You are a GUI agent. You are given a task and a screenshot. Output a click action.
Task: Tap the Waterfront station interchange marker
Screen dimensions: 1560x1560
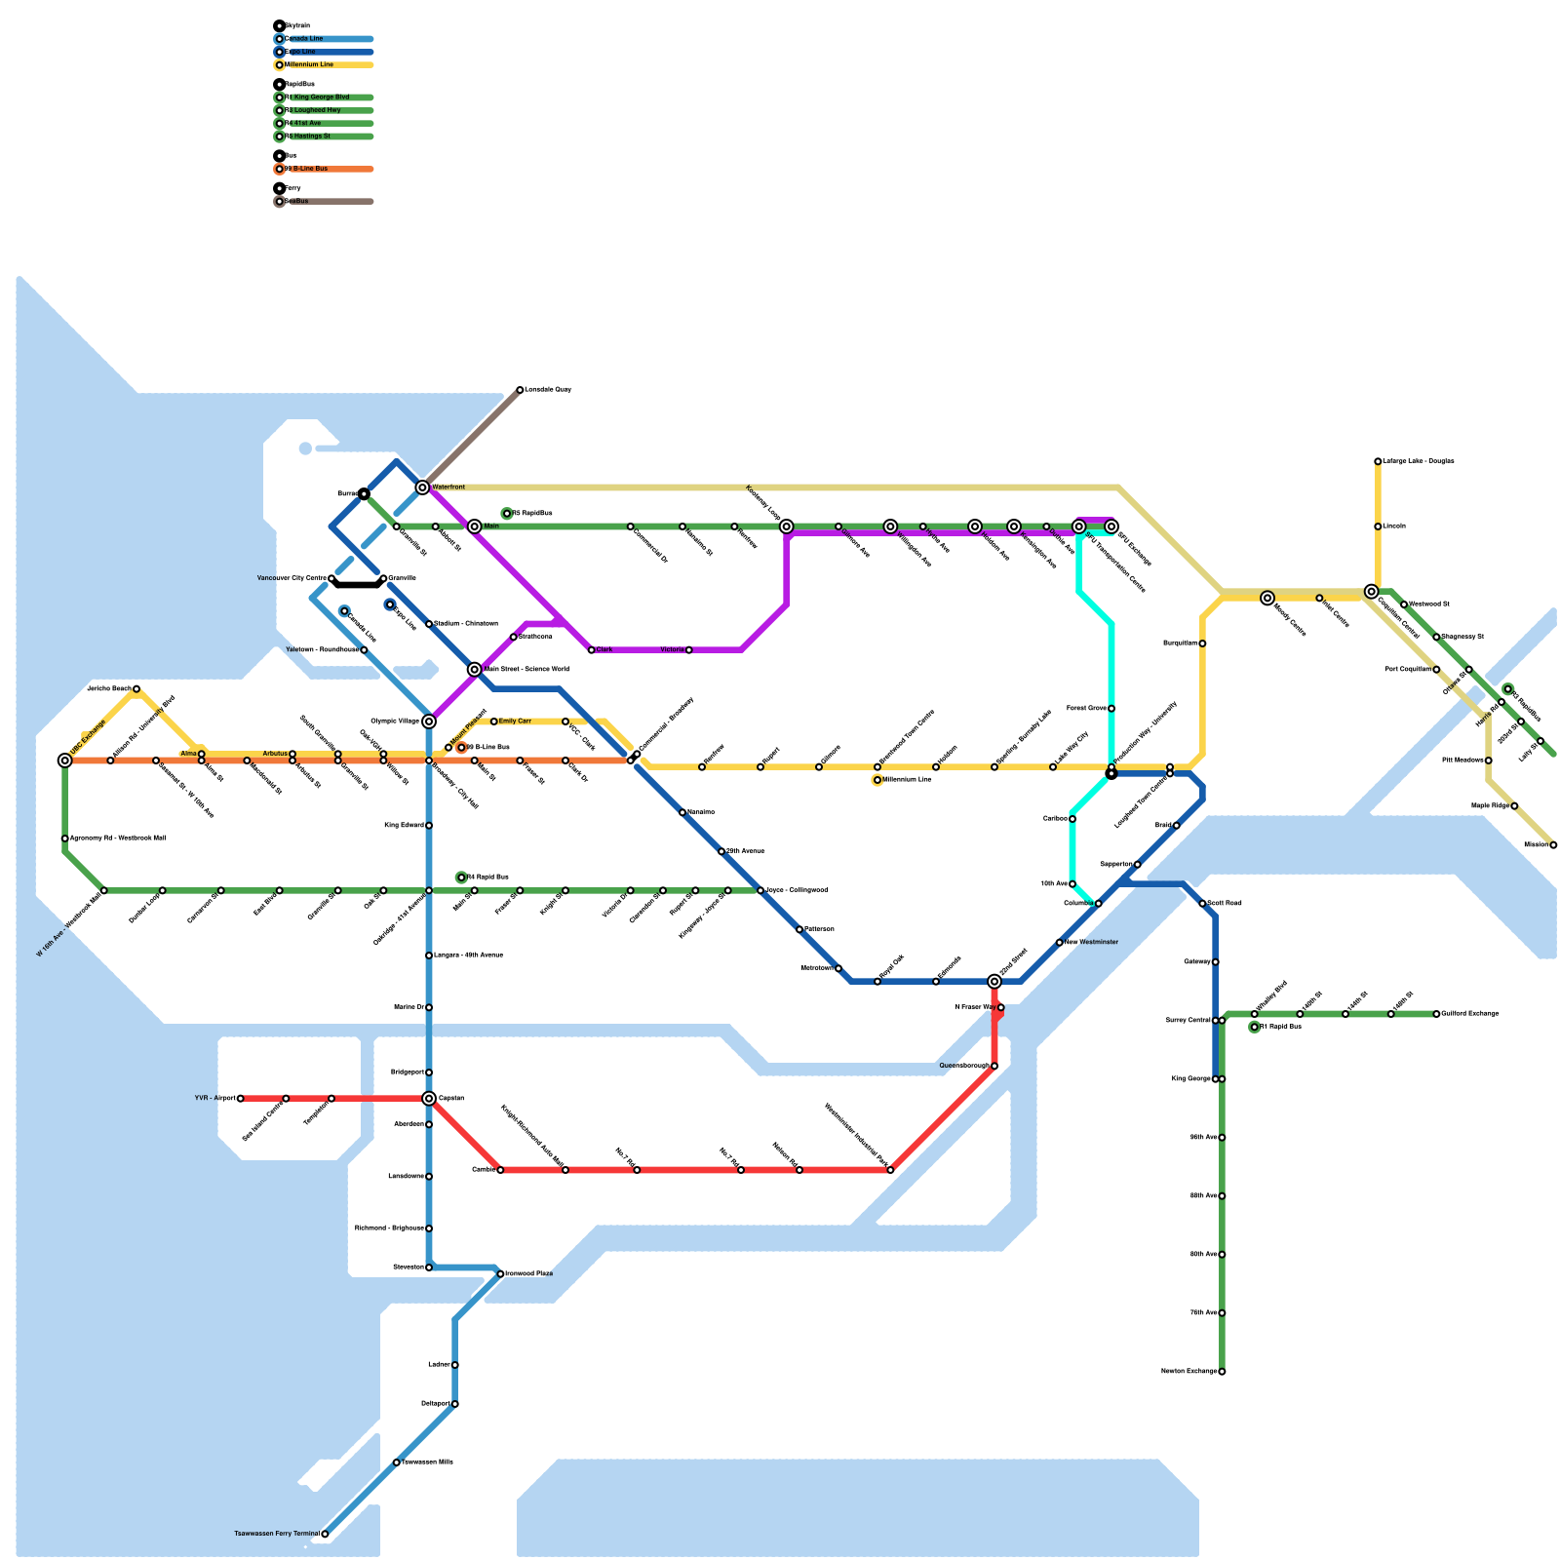tap(422, 487)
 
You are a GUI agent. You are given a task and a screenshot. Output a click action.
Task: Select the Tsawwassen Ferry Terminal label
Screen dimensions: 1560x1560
tap(277, 1534)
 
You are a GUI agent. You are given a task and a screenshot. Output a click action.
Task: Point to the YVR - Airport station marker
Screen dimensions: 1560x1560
tap(241, 1099)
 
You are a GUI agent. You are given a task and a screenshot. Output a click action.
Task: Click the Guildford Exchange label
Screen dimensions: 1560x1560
tap(1470, 1014)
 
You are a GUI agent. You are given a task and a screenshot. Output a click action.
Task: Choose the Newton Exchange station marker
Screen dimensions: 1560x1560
tap(1222, 1372)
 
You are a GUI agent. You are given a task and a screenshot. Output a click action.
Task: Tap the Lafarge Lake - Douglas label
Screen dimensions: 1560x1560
tap(1419, 461)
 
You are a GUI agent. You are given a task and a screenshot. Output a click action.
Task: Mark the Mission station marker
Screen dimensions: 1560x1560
tap(1553, 845)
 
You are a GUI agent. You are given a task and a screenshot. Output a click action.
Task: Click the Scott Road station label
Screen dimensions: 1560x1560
tap(1225, 904)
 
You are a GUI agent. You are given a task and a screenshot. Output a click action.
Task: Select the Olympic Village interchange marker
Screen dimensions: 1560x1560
tap(429, 721)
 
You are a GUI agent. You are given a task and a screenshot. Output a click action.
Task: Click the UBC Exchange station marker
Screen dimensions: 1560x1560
tap(65, 760)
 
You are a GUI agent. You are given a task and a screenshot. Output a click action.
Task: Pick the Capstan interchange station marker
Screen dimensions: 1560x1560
tap(429, 1099)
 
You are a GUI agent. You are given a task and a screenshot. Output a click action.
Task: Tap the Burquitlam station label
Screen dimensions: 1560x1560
tap(1180, 643)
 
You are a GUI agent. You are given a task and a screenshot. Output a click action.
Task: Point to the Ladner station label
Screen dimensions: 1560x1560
tap(439, 1365)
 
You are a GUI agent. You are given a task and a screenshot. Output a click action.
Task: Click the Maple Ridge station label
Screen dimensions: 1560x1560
tap(1491, 806)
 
